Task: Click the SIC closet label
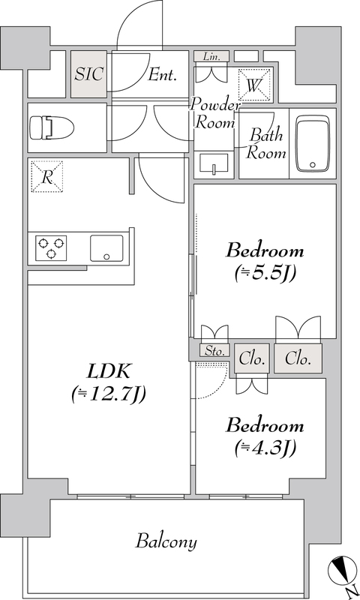[88, 73]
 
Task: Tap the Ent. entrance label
[163, 75]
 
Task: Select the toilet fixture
[51, 127]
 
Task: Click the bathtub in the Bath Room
[313, 145]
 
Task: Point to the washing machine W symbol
[253, 85]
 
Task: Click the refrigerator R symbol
[46, 176]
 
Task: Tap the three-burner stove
[51, 248]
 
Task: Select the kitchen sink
[106, 248]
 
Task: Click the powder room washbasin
[214, 164]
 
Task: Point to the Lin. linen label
[211, 57]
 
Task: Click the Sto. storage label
[214, 351]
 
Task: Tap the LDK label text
[109, 371]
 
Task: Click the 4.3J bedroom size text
[265, 448]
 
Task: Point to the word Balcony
[166, 542]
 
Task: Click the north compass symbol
[343, 571]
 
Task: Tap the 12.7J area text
[109, 394]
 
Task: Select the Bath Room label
[266, 144]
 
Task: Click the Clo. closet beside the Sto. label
[252, 359]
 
